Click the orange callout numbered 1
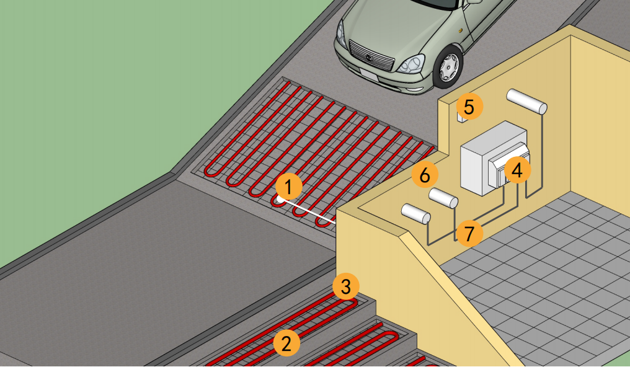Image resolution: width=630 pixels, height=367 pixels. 288,187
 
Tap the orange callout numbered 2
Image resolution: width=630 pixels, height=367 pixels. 286,343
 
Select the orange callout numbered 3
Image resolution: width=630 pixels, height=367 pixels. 345,286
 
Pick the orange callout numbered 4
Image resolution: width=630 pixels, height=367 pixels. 517,170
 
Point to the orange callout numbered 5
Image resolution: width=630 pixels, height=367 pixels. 469,107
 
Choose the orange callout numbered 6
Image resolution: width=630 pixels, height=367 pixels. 425,175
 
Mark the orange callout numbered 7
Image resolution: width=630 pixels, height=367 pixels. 469,233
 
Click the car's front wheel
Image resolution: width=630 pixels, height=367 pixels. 448,67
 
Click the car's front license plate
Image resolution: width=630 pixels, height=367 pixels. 369,75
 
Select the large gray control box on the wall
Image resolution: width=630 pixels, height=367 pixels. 495,158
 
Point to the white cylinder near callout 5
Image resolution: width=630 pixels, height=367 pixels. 526,102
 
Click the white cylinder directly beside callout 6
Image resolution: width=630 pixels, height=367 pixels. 443,198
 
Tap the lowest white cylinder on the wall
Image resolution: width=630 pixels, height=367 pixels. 416,213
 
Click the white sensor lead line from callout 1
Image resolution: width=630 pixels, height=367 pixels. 308,210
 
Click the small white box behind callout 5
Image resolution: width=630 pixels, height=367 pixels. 461,117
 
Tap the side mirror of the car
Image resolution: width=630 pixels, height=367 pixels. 474,2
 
